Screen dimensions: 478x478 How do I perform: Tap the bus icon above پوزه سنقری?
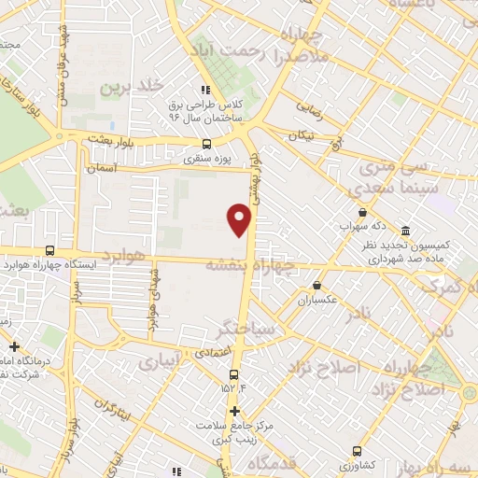pyautogui.click(x=207, y=144)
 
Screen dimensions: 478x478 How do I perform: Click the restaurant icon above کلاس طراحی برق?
pyautogui.click(x=204, y=91)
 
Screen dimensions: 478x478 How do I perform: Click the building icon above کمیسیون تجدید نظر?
pyautogui.click(x=405, y=231)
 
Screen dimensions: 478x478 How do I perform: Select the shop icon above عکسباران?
pyautogui.click(x=317, y=286)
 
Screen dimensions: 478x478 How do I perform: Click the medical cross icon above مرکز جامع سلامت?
pyautogui.click(x=235, y=411)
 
